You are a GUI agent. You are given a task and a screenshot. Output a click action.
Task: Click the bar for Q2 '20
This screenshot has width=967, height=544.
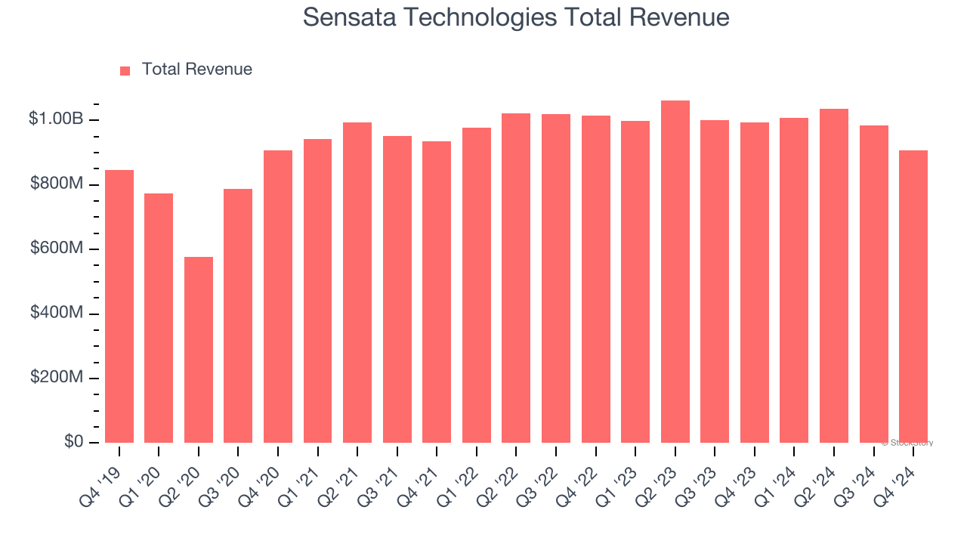point(199,350)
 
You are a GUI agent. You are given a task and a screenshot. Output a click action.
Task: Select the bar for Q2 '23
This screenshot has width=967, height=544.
point(675,271)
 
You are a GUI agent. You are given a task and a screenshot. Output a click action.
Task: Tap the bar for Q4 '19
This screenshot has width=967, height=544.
point(119,306)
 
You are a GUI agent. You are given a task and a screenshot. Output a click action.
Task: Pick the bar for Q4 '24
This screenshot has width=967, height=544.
point(913,296)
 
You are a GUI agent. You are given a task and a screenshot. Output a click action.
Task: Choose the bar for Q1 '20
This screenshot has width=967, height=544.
point(159,318)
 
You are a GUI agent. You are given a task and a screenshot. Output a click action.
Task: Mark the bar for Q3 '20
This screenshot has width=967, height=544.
point(238,316)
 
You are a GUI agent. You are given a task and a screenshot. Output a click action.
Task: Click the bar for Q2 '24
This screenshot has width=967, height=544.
point(833,276)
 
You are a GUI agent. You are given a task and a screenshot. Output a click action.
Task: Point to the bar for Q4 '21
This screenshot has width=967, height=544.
point(437,292)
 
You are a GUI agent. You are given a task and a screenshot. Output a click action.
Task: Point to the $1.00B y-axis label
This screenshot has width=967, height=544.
point(56,119)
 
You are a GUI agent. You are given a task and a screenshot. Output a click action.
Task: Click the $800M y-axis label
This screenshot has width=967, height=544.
point(57,184)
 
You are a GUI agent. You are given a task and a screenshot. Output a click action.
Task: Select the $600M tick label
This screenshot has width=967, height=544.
point(57,249)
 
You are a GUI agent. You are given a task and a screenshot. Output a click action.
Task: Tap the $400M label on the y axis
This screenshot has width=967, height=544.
point(57,313)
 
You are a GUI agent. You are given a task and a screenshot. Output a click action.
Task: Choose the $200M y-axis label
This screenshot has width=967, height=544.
point(57,377)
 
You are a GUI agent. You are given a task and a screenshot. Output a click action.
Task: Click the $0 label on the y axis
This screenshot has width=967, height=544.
point(73,441)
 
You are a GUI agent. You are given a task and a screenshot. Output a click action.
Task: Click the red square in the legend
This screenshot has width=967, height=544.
point(125,70)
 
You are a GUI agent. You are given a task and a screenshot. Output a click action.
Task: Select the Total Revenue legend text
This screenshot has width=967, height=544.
point(196,70)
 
